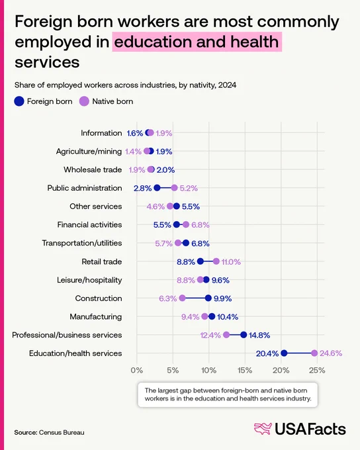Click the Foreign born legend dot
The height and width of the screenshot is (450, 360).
pos(19,101)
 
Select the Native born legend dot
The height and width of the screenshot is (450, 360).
pos(84,101)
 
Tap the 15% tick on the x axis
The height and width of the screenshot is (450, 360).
pos(245,371)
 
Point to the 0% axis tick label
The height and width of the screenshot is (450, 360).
pos(136,371)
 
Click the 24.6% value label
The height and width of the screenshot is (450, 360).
pos(331,353)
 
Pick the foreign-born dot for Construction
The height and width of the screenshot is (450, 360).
pos(208,298)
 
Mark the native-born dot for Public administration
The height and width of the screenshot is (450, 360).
pos(174,188)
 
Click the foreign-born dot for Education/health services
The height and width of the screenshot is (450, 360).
pos(284,353)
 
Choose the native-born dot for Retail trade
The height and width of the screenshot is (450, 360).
pos(216,261)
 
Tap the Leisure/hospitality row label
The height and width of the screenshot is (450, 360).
pos(89,280)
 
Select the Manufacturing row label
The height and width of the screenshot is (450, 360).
pos(95,316)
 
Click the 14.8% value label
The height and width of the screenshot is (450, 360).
pos(259,336)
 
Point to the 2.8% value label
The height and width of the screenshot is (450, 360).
pos(143,188)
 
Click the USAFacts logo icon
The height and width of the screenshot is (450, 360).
pos(263,429)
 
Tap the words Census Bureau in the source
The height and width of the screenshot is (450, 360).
pos(62,433)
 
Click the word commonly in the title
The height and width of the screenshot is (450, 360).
pos(298,22)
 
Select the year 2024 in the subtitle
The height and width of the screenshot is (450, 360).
pos(227,85)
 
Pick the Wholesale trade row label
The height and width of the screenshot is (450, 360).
pos(93,169)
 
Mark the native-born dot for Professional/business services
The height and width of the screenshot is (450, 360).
pos(226,335)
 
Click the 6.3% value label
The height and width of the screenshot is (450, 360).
pos(167,298)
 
